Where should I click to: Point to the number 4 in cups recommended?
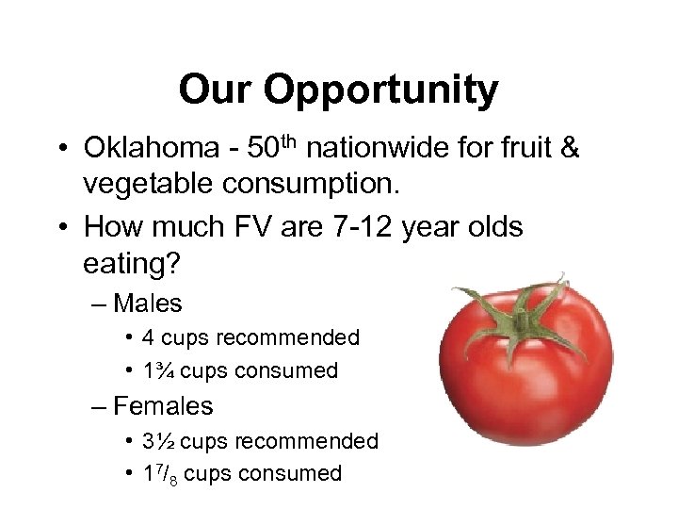click(x=148, y=337)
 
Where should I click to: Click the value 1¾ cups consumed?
click(x=156, y=370)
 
